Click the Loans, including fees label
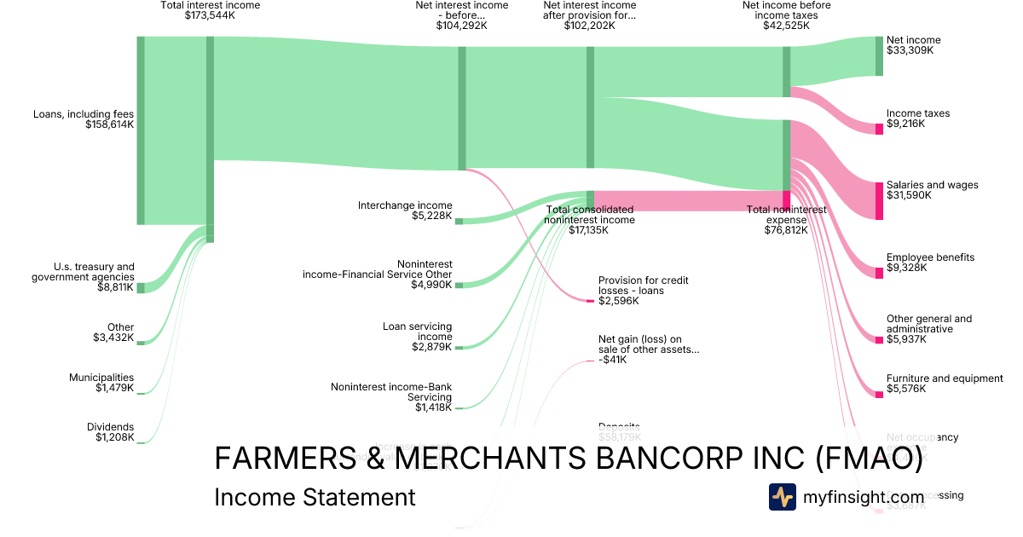point(84,113)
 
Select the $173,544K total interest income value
point(210,15)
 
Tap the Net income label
point(913,40)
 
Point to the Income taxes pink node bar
point(879,129)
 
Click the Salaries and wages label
point(932,185)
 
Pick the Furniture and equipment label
point(945,378)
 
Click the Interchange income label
point(405,205)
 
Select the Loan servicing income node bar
point(459,348)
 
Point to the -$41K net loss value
point(613,360)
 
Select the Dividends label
point(110,427)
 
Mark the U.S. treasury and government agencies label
point(84,271)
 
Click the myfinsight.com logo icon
point(782,497)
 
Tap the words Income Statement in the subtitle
point(315,497)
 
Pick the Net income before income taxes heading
point(786,10)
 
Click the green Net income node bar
point(879,56)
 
